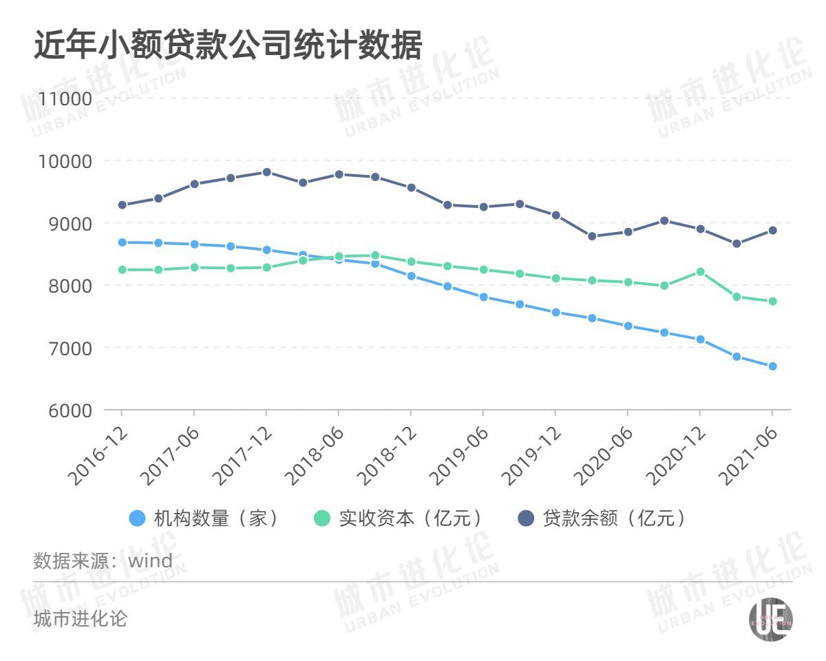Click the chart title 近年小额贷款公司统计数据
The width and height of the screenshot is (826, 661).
pyautogui.click(x=227, y=46)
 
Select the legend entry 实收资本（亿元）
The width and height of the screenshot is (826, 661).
pyautogui.click(x=400, y=518)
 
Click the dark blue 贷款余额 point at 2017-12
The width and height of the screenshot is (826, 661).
pyautogui.click(x=266, y=172)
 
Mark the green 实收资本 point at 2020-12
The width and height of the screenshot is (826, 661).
pyautogui.click(x=700, y=272)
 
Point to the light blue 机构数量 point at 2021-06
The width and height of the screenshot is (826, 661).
pyautogui.click(x=772, y=366)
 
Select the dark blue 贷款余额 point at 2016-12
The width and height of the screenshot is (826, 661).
pyautogui.click(x=122, y=204)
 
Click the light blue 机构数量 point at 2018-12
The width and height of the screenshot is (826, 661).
pyautogui.click(x=411, y=276)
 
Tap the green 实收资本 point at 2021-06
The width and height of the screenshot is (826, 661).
pyautogui.click(x=772, y=301)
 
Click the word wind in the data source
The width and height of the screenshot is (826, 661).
pyautogui.click(x=151, y=560)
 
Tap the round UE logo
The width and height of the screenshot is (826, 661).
pyautogui.click(x=770, y=620)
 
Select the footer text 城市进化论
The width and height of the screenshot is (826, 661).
pyautogui.click(x=81, y=619)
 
